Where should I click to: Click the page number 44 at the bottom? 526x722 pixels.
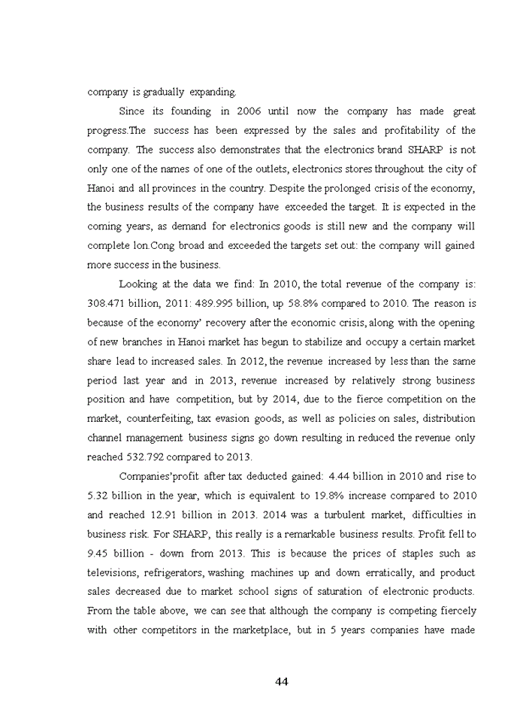coord(282,681)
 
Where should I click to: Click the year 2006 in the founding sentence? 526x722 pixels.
coord(249,111)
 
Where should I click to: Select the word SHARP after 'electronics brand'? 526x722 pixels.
coord(432,150)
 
